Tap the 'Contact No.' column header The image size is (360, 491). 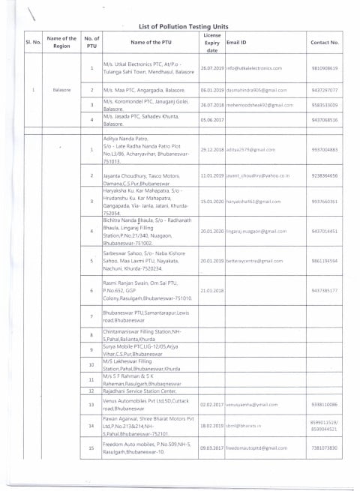click(325, 43)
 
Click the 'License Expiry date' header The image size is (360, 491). click(212, 43)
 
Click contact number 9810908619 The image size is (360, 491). click(325, 68)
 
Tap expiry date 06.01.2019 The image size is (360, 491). click(212, 89)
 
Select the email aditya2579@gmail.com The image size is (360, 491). click(251, 150)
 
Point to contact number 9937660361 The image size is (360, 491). click(325, 202)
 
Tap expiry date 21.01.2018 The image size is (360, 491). click(212, 289)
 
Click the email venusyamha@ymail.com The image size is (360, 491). click(252, 405)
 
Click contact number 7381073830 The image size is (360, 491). click(325, 448)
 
